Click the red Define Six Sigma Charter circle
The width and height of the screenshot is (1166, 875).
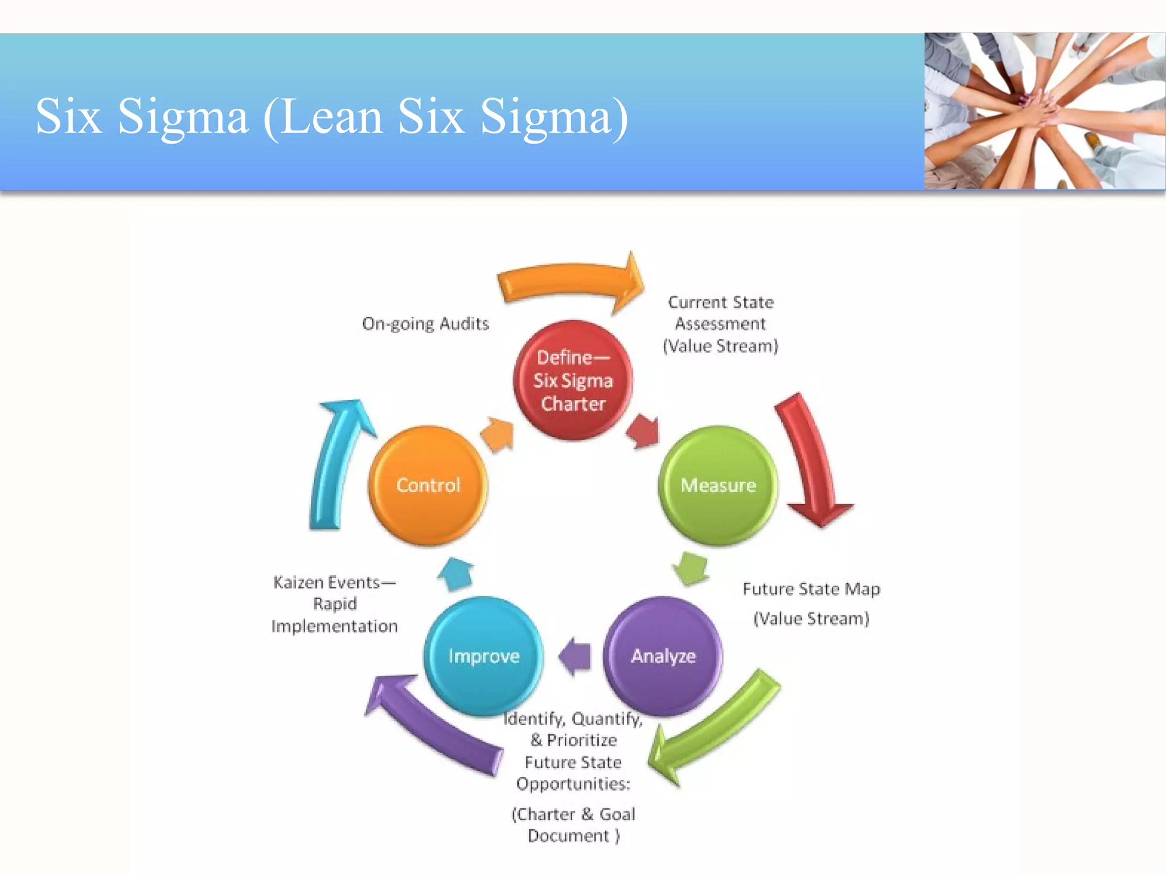click(573, 380)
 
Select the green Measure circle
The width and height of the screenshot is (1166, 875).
click(718, 485)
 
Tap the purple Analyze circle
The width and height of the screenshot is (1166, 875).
click(663, 656)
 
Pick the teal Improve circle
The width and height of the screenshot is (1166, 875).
click(483, 656)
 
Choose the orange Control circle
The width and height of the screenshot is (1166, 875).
click(428, 485)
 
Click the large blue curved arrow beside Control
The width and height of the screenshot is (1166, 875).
click(336, 461)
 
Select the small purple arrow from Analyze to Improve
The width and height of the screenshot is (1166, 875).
click(575, 656)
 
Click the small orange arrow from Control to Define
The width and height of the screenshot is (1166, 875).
click(498, 435)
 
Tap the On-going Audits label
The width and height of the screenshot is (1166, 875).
click(425, 324)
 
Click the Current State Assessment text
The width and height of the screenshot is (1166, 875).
click(720, 324)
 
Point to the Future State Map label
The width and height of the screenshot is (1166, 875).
click(811, 589)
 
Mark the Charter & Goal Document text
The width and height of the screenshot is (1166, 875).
click(573, 824)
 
